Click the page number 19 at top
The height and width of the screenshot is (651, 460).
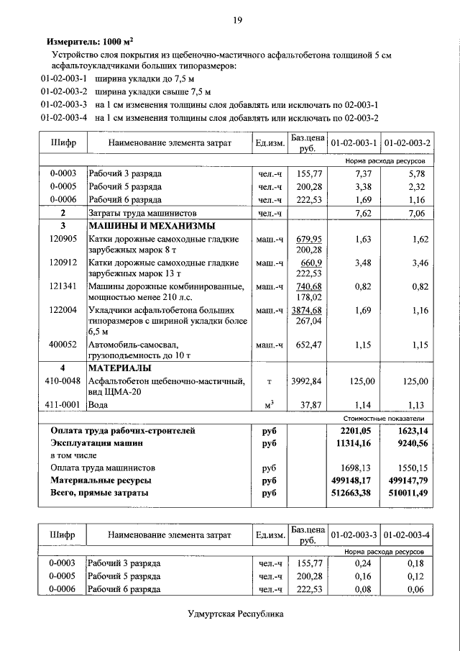pyautogui.click(x=236, y=19)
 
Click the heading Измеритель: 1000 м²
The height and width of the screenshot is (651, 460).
pyautogui.click(x=88, y=42)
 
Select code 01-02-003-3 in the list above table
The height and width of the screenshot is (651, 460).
pyautogui.click(x=64, y=105)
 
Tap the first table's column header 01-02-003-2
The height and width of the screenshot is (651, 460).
pyautogui.click(x=408, y=143)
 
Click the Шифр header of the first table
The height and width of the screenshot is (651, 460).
pyautogui.click(x=63, y=143)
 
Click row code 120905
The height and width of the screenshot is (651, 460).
pyautogui.click(x=63, y=239)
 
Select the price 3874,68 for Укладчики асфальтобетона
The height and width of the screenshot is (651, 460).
pyautogui.click(x=308, y=310)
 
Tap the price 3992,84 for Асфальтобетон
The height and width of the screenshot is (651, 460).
pyautogui.click(x=308, y=381)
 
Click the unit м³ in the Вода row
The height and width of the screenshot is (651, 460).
pyautogui.click(x=270, y=404)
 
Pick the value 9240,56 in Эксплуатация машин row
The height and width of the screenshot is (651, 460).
pyautogui.click(x=408, y=444)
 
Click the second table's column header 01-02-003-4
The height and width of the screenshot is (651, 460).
pyautogui.click(x=408, y=535)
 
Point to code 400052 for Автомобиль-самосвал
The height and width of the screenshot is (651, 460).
pyautogui.click(x=63, y=345)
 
